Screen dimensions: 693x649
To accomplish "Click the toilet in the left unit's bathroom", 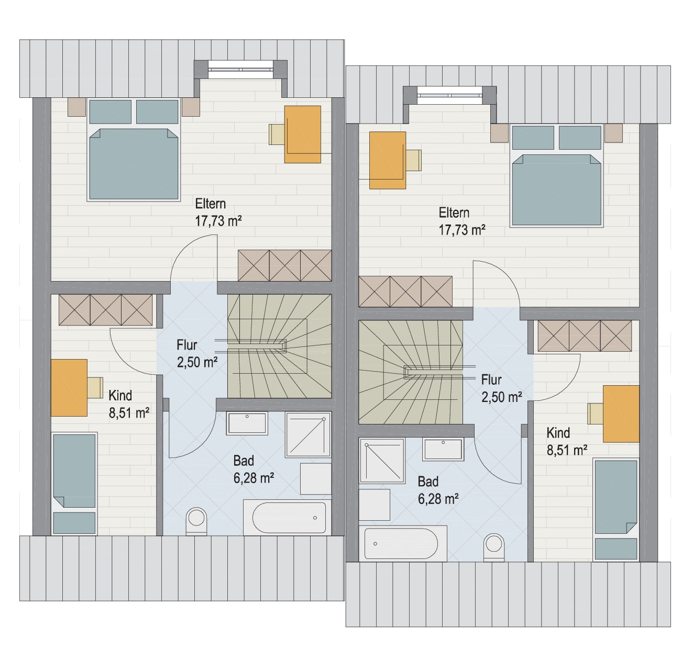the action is coord(196,521).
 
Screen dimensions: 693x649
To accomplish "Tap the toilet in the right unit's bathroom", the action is coord(494,547).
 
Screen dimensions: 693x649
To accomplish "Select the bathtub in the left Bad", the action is coord(287,517).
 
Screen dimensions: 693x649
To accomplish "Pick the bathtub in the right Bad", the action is coord(403,543).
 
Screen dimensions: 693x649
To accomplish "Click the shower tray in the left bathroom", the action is coord(308,434).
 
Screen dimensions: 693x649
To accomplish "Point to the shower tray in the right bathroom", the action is coord(382,461).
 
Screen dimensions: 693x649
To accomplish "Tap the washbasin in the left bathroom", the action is coord(247,423).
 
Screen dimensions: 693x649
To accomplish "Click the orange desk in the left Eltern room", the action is coord(303,135).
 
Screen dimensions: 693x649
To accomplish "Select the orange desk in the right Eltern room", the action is coord(388,161).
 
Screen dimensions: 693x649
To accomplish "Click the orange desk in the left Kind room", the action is coord(69,388).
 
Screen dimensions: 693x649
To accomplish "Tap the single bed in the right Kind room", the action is coord(616,509).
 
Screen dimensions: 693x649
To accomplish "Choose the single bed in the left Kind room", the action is coord(74,484).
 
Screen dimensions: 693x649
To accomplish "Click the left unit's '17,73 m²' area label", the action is coord(218,221).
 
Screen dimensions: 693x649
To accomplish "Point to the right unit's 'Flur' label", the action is coord(491,379).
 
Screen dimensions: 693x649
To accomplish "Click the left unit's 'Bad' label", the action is coord(244,461).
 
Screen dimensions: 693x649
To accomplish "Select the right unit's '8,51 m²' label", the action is coord(567,450).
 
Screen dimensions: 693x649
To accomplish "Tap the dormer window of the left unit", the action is coord(240,70).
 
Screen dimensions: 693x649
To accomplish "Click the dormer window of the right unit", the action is coord(449,96).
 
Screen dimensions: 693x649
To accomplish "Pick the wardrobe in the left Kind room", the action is coord(106,310).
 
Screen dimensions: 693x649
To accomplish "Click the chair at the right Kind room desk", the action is coord(595,413).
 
